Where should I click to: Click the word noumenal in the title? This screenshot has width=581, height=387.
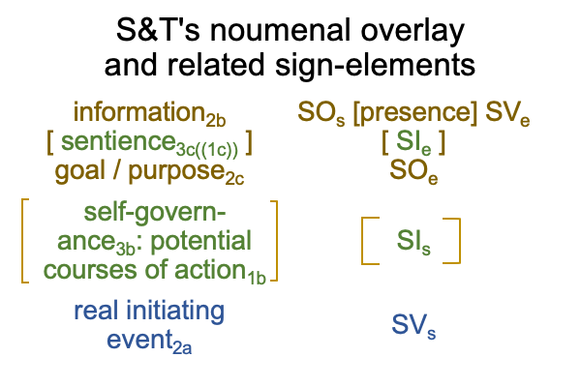[280, 30]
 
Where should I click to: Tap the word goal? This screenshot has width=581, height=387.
[80, 172]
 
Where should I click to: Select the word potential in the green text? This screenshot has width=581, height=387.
[201, 241]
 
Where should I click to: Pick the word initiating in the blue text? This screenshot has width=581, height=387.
[175, 312]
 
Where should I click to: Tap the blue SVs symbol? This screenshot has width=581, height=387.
[413, 326]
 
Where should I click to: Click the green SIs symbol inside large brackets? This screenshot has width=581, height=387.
[413, 242]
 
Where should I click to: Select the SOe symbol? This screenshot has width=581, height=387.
[413, 172]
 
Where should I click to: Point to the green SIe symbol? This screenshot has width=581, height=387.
[413, 142]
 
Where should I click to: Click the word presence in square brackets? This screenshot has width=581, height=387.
[415, 112]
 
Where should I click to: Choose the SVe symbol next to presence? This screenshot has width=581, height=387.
[507, 113]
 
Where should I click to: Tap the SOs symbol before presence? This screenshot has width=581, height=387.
[321, 113]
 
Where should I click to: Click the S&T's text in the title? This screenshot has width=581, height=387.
[158, 30]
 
